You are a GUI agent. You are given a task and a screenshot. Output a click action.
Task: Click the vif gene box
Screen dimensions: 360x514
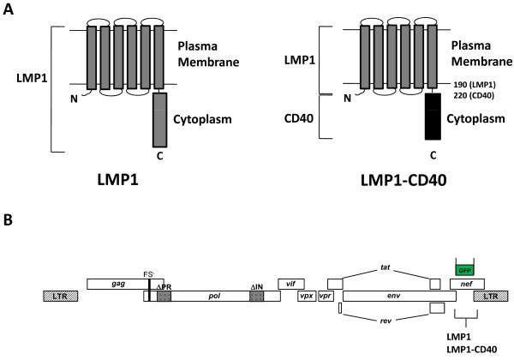pyautogui.click(x=291, y=282)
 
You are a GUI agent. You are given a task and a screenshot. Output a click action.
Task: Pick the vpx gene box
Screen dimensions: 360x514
pyautogui.click(x=305, y=295)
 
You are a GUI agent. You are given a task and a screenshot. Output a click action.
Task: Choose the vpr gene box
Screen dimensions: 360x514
pyautogui.click(x=325, y=295)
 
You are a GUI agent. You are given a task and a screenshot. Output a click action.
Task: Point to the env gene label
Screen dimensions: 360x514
pyautogui.click(x=393, y=295)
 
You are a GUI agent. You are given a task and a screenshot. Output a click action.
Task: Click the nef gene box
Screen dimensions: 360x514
pyautogui.click(x=468, y=283)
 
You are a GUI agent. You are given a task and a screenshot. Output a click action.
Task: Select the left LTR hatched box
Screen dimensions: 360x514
pyautogui.click(x=62, y=295)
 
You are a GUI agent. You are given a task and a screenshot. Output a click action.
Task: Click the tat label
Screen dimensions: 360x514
pyautogui.click(x=385, y=267)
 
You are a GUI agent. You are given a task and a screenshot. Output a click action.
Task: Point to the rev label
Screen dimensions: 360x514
pyautogui.click(x=385, y=323)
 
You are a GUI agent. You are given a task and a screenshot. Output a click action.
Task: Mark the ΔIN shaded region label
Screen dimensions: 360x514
pyautogui.click(x=256, y=286)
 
